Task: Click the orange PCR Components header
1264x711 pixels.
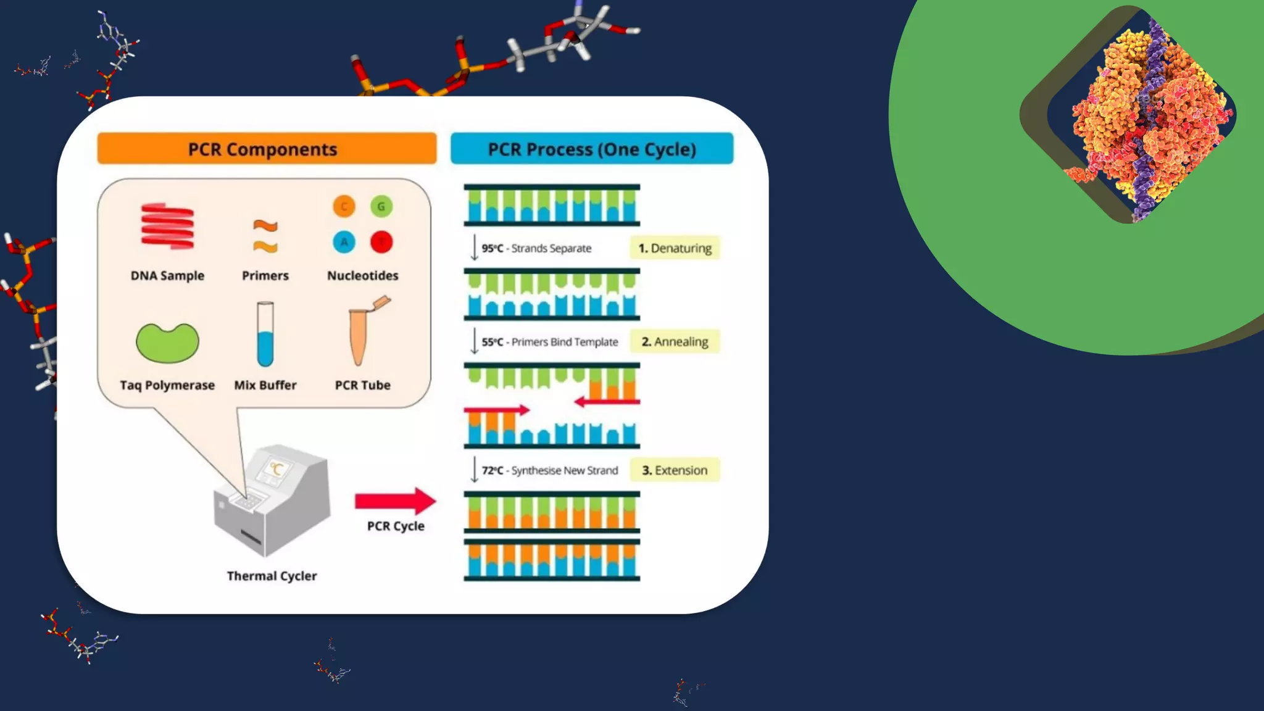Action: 267,149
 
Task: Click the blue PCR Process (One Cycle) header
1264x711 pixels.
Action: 591,149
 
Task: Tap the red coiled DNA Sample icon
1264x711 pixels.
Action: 167,227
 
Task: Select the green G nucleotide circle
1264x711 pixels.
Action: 381,206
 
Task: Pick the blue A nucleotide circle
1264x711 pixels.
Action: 344,242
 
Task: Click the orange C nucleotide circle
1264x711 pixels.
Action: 344,206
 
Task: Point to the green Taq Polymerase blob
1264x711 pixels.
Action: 167,343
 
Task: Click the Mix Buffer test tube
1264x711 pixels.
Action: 265,334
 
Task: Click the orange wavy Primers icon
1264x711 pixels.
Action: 265,236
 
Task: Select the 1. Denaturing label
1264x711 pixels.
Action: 675,248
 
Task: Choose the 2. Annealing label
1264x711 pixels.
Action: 675,342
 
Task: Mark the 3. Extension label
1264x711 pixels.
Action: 675,470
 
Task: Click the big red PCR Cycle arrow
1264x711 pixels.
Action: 395,501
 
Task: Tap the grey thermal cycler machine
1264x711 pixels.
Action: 272,500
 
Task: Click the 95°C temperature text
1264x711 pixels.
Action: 492,248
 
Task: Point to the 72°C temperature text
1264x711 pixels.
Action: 492,470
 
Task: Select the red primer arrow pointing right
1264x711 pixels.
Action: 497,410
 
